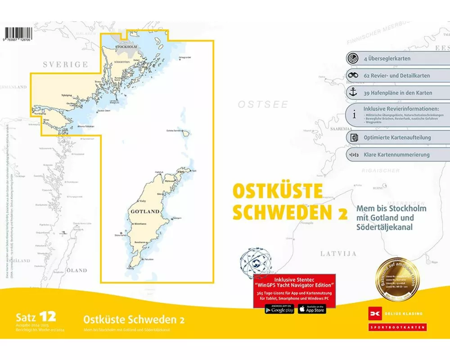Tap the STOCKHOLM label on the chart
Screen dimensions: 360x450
[126, 46]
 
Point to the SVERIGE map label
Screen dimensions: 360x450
[65, 65]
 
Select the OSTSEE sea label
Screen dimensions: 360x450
[262, 105]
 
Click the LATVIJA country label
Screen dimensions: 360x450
[338, 254]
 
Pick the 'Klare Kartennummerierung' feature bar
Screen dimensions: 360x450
[396, 154]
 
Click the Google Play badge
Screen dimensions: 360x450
[279, 309]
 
